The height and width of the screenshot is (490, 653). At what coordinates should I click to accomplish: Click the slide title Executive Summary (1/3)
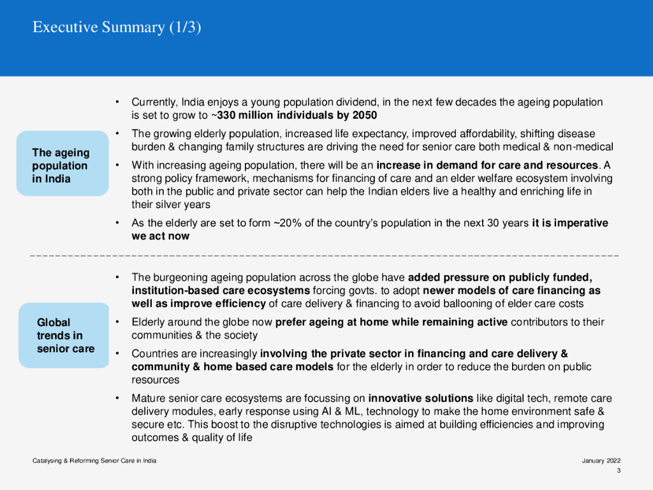coord(117,27)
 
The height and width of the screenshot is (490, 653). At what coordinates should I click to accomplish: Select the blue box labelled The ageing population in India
coord(62,165)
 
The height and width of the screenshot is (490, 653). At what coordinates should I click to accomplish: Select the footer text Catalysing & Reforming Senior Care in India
coord(94,461)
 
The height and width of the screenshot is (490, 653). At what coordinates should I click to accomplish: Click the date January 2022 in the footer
coord(601,461)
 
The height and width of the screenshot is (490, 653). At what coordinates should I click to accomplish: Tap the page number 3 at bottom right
coord(618,471)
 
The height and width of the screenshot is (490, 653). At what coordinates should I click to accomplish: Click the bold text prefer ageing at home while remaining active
coord(392,322)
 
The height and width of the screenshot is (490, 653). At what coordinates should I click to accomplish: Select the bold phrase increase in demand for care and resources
coord(488,166)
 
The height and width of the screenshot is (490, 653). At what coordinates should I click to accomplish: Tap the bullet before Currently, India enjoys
coord(118,102)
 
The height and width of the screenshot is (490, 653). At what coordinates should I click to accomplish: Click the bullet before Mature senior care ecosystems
coord(118,399)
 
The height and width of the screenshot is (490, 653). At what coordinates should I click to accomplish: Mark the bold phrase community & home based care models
coord(233,367)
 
